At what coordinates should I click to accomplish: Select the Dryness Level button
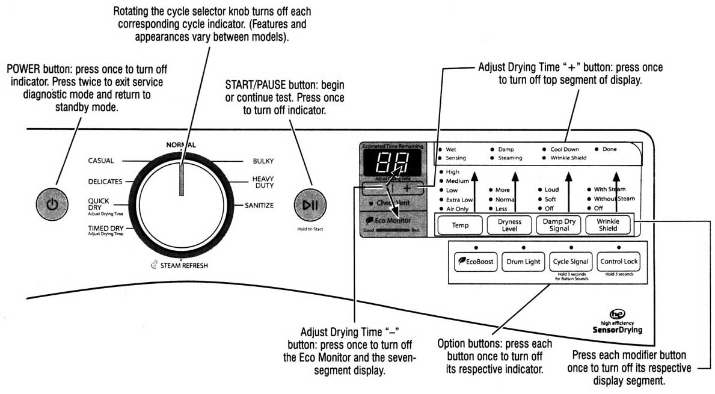point(509,226)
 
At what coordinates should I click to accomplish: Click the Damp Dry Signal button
point(559,226)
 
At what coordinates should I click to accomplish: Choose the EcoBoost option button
point(475,262)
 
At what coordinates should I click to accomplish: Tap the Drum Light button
point(523,262)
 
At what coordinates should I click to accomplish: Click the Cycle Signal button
point(571,262)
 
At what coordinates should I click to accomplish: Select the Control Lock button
point(619,262)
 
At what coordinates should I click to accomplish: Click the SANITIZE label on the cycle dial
point(259,206)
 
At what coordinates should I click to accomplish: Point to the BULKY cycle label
point(263,161)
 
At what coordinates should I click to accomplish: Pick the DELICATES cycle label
point(105,182)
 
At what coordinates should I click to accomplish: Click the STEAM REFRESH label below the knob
point(183,265)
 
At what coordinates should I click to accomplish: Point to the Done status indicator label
point(609,149)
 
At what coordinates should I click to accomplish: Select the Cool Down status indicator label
point(563,149)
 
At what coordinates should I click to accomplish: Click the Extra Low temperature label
point(460,200)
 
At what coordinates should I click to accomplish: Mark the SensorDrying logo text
point(617,330)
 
